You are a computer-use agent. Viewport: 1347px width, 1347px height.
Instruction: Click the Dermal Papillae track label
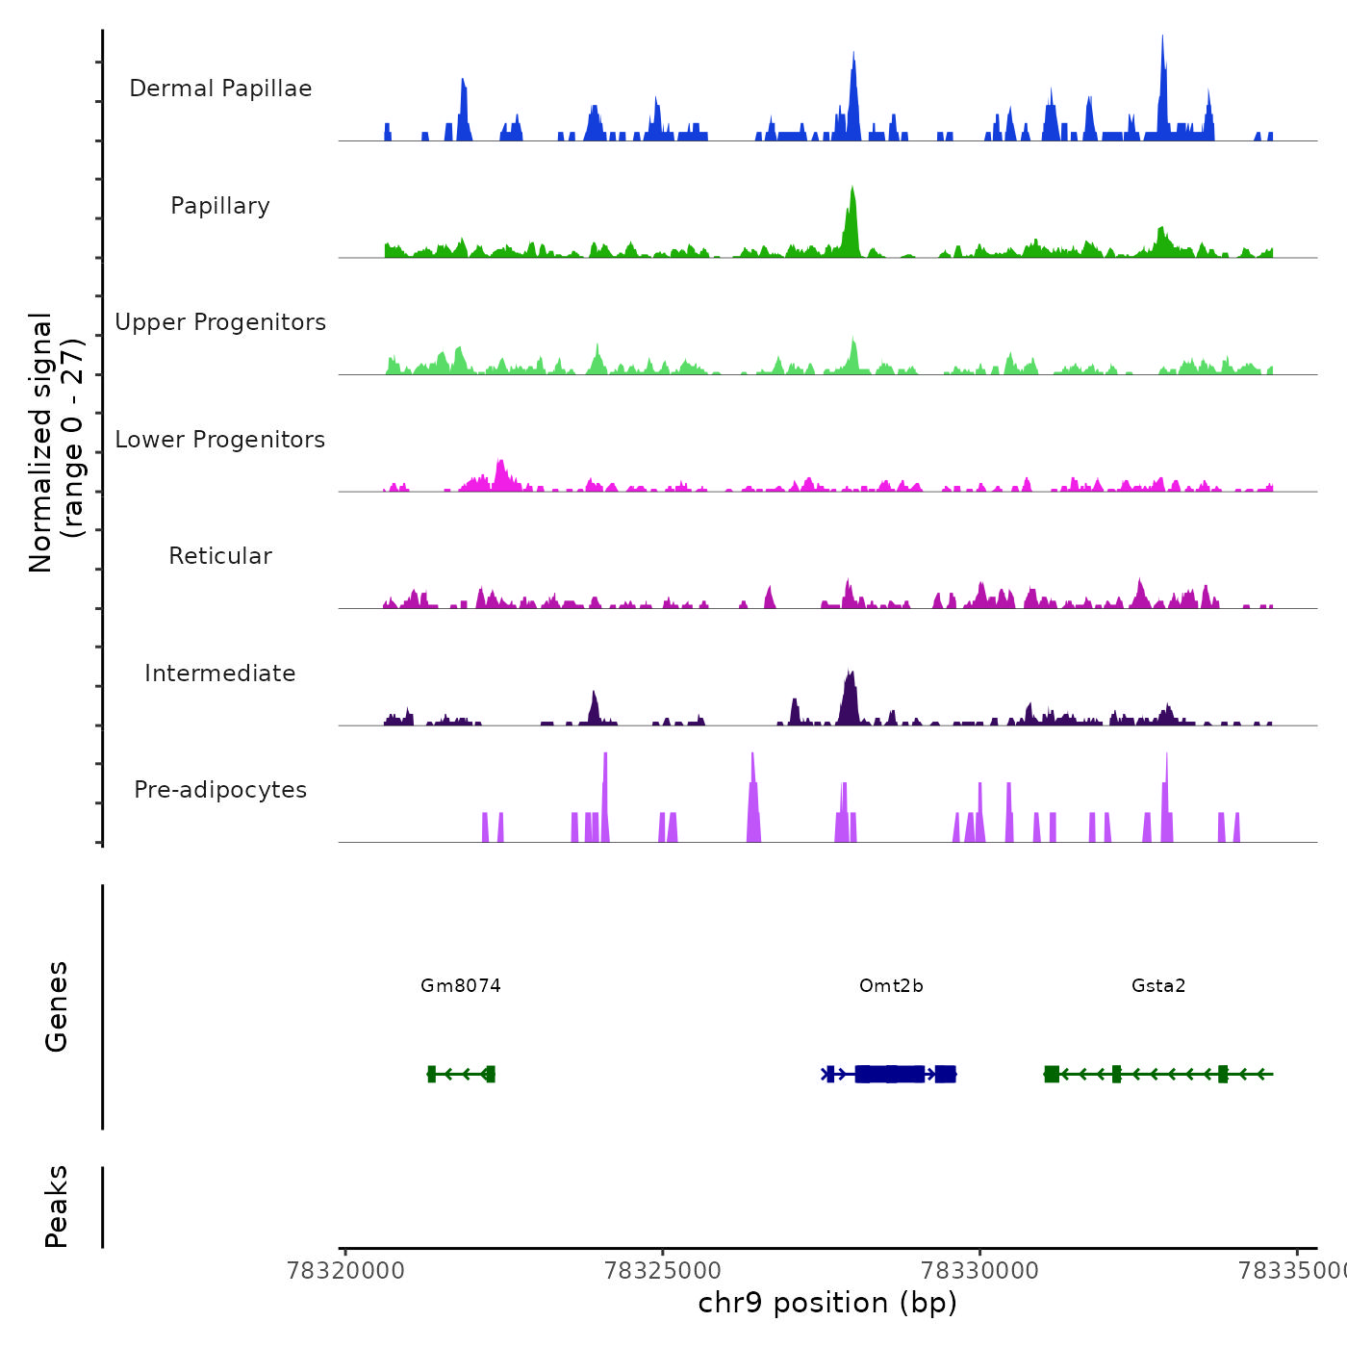[220, 89]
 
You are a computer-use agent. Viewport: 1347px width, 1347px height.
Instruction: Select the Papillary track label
[220, 206]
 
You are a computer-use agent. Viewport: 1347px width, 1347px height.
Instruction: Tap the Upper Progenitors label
[220, 322]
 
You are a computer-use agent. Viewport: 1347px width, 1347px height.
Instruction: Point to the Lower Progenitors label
[220, 440]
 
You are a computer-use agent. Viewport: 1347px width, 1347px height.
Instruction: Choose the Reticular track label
[220, 556]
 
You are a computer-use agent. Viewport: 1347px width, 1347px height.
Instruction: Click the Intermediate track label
[220, 673]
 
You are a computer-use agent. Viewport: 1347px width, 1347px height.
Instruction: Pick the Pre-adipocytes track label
[220, 790]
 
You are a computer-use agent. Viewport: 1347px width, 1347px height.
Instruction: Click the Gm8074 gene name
[461, 985]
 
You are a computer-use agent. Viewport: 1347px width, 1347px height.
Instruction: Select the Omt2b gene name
[891, 985]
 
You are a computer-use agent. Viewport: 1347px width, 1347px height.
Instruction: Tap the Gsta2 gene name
[1158, 985]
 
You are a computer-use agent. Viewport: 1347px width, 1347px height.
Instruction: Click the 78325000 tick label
[663, 1271]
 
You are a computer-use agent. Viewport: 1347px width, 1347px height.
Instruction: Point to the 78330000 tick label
[980, 1271]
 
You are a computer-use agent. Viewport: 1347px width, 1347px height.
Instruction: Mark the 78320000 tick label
[345, 1271]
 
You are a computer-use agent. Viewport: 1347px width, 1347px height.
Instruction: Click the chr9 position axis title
[827, 1303]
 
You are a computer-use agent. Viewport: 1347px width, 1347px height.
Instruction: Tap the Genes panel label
[57, 1006]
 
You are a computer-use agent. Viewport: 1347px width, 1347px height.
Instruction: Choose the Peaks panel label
[57, 1207]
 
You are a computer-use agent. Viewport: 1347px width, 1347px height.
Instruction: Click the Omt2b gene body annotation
[891, 1074]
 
